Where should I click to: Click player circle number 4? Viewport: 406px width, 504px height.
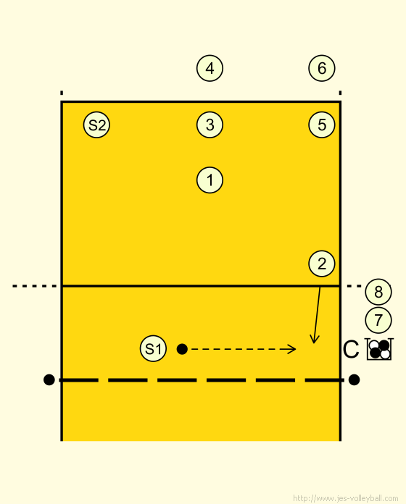pyautogui.click(x=210, y=68)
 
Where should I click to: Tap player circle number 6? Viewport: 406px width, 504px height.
pyautogui.click(x=322, y=68)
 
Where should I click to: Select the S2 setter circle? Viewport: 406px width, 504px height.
pyautogui.click(x=96, y=125)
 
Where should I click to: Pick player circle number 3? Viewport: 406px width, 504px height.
pyautogui.click(x=210, y=125)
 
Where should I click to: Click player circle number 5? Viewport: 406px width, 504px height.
pyautogui.click(x=322, y=125)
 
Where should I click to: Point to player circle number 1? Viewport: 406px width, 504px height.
pyautogui.click(x=210, y=180)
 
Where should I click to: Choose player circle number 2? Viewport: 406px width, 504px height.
pyautogui.click(x=322, y=264)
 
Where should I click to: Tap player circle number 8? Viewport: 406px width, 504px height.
pyautogui.click(x=378, y=292)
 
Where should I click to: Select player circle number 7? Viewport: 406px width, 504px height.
pyautogui.click(x=378, y=320)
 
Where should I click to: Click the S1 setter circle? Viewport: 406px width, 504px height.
pyautogui.click(x=153, y=348)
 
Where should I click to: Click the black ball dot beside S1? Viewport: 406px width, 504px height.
pyautogui.click(x=182, y=349)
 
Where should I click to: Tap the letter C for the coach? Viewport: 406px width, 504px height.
pyautogui.click(x=351, y=349)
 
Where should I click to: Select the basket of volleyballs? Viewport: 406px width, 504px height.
pyautogui.click(x=379, y=349)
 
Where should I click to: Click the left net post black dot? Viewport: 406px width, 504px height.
pyautogui.click(x=49, y=379)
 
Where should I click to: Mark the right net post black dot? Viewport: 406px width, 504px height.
pyautogui.click(x=354, y=379)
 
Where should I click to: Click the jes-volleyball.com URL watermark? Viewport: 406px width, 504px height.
pyautogui.click(x=346, y=498)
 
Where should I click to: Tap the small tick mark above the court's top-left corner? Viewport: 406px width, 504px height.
pyautogui.click(x=62, y=93)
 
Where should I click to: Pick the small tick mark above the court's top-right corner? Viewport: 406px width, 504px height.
pyautogui.click(x=340, y=93)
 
